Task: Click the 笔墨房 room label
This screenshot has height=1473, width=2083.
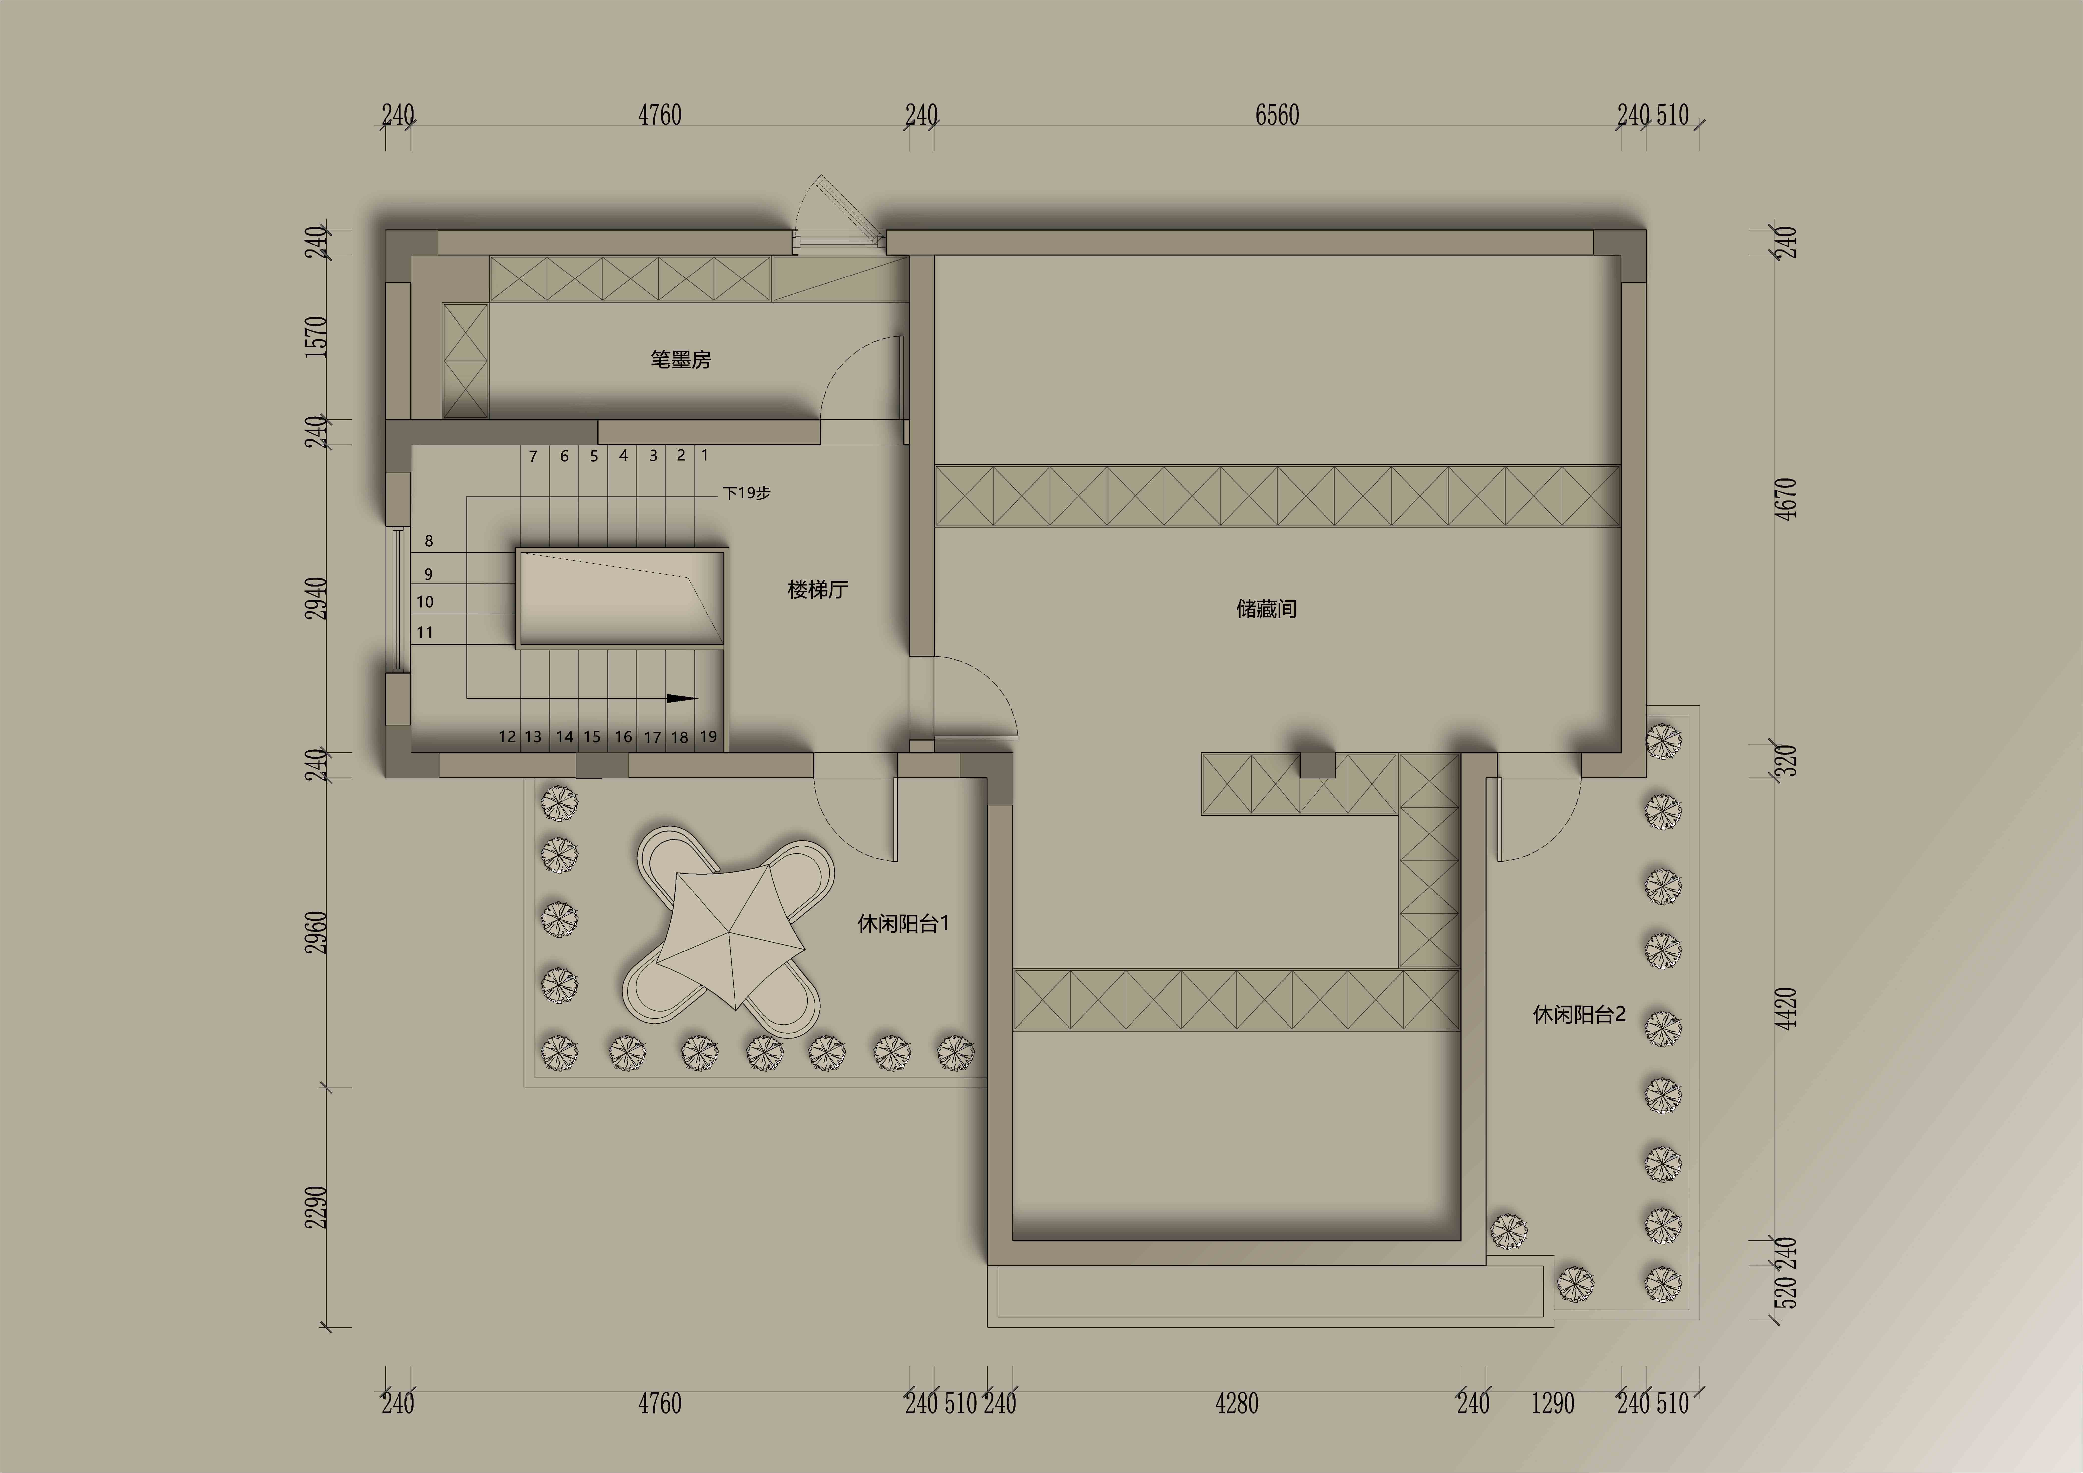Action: pyautogui.click(x=680, y=359)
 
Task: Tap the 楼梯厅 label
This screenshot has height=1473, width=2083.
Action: pyautogui.click(x=817, y=589)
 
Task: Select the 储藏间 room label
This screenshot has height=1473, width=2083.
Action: pyautogui.click(x=1266, y=609)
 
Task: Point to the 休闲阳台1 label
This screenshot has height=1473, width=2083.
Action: pyautogui.click(x=903, y=923)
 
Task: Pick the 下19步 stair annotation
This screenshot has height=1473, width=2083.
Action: pyautogui.click(x=747, y=492)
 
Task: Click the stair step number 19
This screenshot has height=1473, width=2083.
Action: pyautogui.click(x=708, y=736)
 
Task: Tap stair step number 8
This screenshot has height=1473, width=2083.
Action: pyautogui.click(x=429, y=541)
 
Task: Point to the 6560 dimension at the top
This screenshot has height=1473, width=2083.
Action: pyautogui.click(x=1277, y=115)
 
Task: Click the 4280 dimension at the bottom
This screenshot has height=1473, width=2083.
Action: pyautogui.click(x=1237, y=1404)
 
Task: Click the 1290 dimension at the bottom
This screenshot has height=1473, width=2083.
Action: pyautogui.click(x=1553, y=1404)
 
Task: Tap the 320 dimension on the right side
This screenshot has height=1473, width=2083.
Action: pyautogui.click(x=1784, y=762)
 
